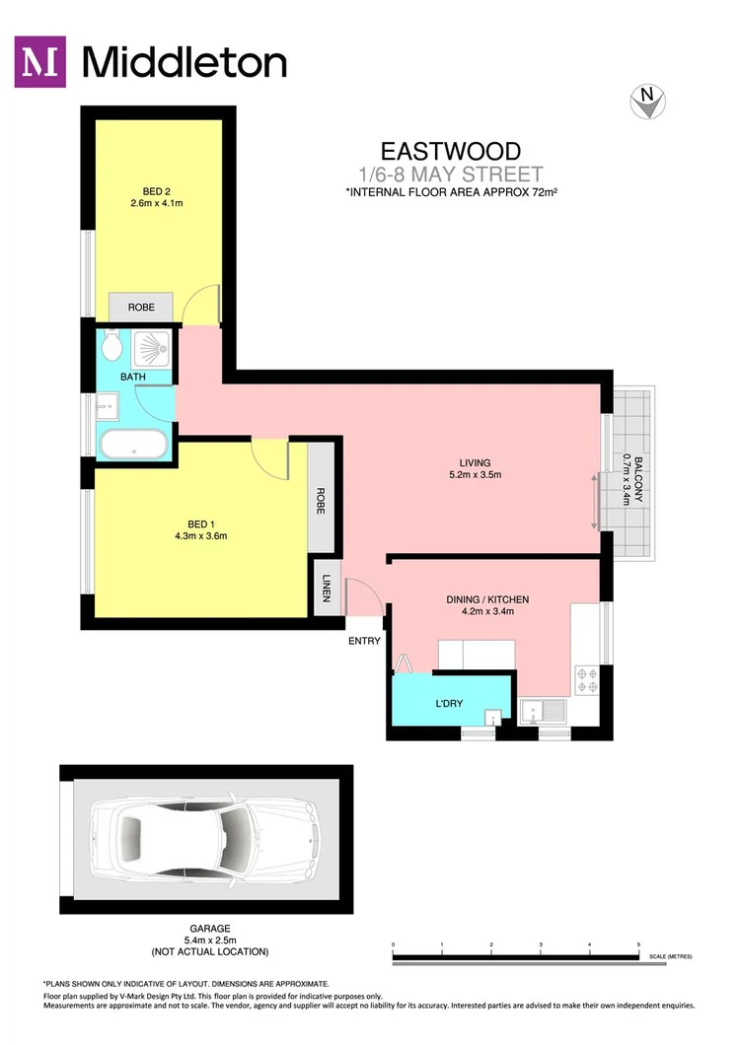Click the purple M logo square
coord(41,62)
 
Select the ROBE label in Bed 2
coord(141,308)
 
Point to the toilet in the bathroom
coord(111,346)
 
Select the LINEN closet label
coord(326,589)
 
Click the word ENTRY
coord(364,642)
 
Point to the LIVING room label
coord(475,462)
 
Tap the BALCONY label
coord(638,480)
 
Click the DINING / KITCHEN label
coord(488,599)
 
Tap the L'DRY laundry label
coord(450,703)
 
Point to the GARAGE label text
coord(209,929)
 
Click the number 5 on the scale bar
coord(638,944)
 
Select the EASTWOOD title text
coord(451,151)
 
